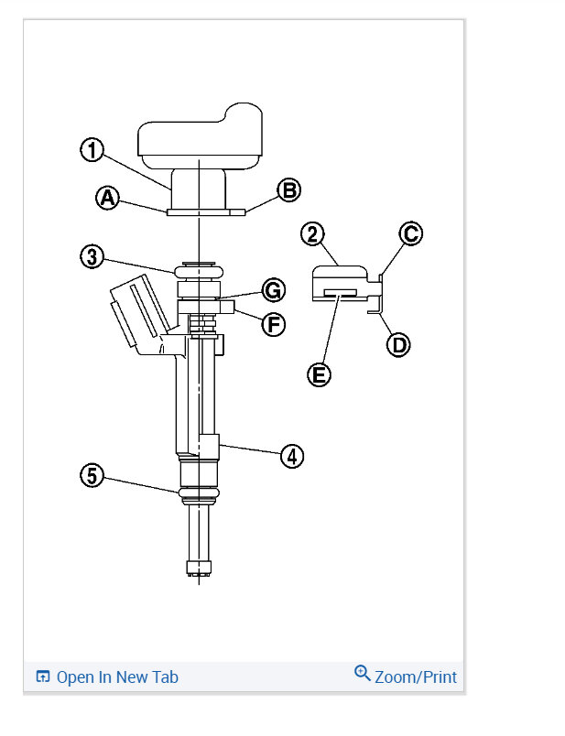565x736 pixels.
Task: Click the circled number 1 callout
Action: (x=92, y=150)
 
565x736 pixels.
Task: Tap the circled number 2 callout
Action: (x=312, y=234)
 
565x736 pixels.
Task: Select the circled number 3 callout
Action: (x=92, y=256)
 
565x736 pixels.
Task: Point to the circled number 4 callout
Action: (x=292, y=456)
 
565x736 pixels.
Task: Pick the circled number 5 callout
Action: (x=92, y=475)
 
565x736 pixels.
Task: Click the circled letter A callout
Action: (x=107, y=198)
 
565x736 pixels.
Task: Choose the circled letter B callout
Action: (x=288, y=190)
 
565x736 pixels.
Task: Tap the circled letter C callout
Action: (x=410, y=233)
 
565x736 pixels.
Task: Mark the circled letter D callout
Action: (x=398, y=345)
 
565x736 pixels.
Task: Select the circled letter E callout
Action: (x=319, y=375)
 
